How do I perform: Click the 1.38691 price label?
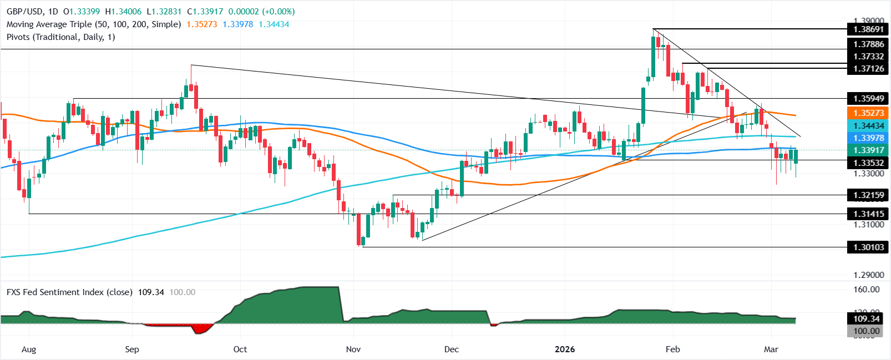868,29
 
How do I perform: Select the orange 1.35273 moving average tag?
868,113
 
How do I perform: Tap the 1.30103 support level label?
868,247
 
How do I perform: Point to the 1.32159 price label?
868,195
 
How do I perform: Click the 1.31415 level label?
868,214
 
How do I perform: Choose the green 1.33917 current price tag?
868,150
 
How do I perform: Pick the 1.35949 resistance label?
868,99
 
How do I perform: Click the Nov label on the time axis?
353,349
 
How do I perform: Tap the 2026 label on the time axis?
565,349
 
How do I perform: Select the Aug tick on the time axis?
28,349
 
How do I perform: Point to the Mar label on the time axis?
771,349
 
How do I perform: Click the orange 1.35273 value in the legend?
201,24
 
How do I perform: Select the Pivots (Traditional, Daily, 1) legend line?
60,37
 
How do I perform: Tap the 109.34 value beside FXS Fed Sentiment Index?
151,292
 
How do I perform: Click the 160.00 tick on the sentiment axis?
866,290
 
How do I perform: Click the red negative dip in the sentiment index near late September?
201,329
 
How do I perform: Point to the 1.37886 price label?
868,44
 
